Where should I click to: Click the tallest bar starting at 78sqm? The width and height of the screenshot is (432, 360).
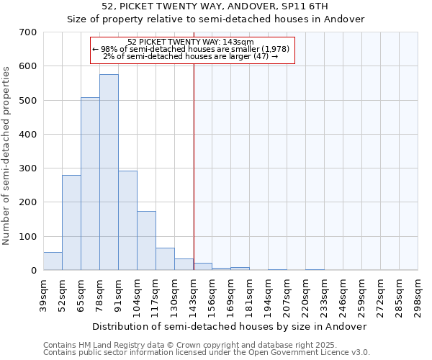(x=109, y=173)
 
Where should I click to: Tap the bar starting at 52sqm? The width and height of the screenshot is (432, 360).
(x=71, y=222)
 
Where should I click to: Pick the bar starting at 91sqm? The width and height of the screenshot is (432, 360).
(x=127, y=220)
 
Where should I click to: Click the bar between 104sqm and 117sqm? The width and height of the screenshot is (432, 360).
(x=146, y=240)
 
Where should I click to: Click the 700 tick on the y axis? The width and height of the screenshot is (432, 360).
(x=28, y=32)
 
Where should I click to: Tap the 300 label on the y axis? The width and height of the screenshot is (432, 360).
(x=28, y=168)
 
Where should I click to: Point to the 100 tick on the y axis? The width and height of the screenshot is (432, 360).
(x=28, y=237)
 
